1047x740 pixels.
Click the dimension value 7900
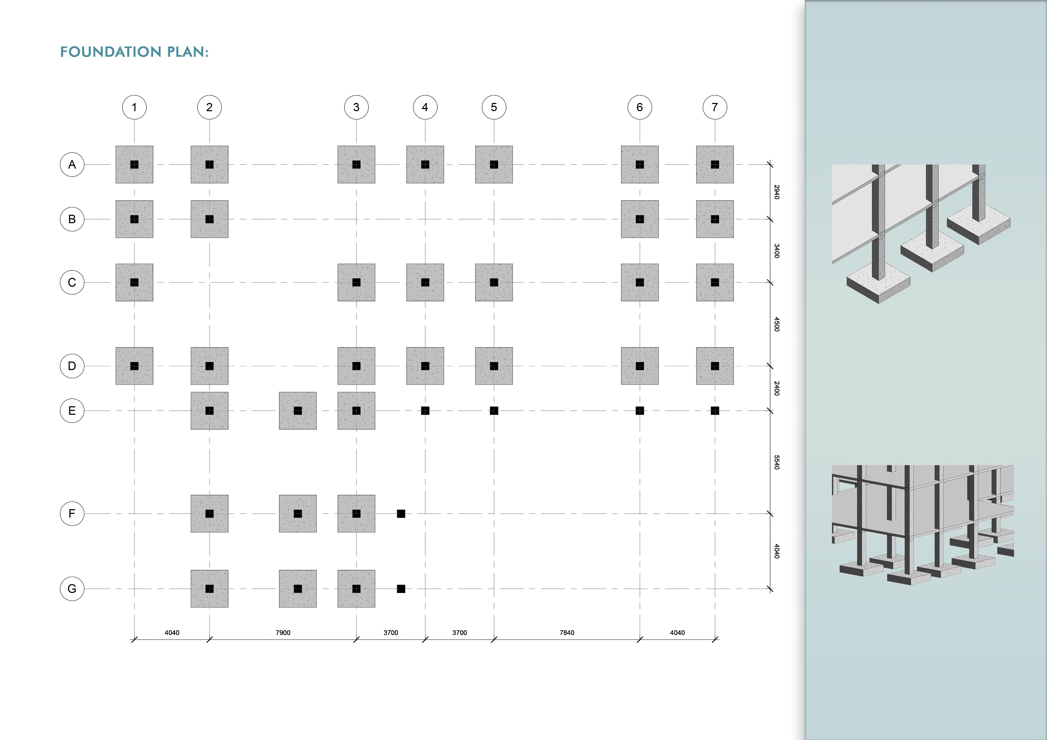pyautogui.click(x=283, y=632)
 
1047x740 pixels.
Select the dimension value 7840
pyautogui.click(x=567, y=632)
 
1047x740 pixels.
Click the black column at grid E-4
pyautogui.click(x=425, y=411)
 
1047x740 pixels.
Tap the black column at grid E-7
pyautogui.click(x=715, y=411)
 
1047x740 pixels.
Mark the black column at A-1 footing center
pyautogui.click(x=134, y=165)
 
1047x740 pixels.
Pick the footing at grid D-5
pyautogui.click(x=494, y=366)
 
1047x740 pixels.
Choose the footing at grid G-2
pyautogui.click(x=209, y=589)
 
